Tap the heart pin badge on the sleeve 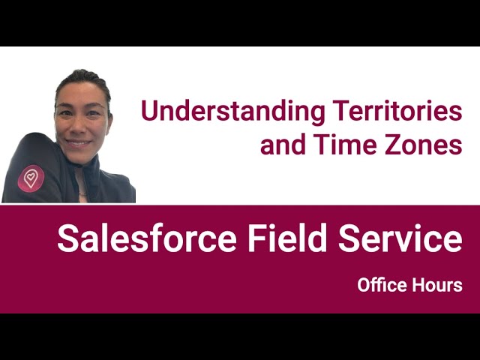click(x=32, y=177)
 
